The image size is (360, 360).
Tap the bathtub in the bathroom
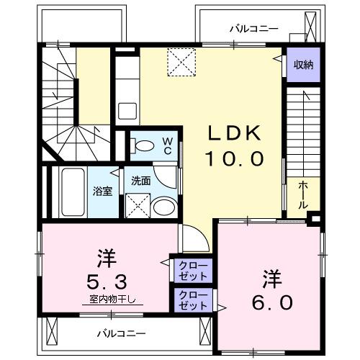click(73, 190)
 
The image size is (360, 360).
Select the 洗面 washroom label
click(140, 181)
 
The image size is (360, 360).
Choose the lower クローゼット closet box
click(193, 300)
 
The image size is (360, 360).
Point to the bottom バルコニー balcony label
click(122, 333)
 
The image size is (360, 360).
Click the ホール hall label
click(303, 194)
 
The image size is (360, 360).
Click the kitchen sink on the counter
click(127, 112)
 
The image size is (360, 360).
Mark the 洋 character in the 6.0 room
click(271, 276)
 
